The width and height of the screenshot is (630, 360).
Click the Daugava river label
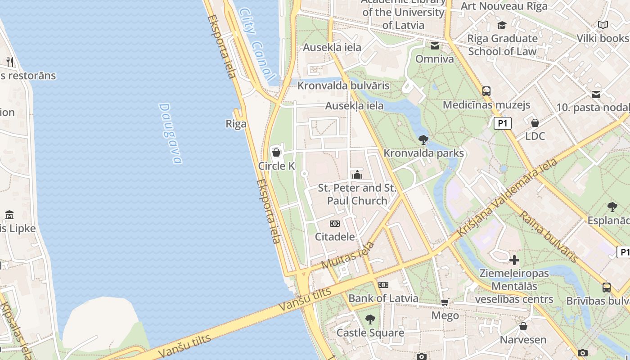point(171,134)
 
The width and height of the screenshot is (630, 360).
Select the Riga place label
point(236,124)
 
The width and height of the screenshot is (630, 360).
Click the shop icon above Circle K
point(276,153)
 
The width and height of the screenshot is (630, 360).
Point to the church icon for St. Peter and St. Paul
point(357,175)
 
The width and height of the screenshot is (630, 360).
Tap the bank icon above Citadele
point(335,223)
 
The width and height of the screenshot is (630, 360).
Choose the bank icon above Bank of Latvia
point(383,285)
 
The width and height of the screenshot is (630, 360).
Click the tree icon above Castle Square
point(370,319)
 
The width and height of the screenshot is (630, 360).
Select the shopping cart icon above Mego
point(445,302)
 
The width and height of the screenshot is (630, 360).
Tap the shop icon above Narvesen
point(523,326)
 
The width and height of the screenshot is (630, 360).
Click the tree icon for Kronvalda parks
point(423,140)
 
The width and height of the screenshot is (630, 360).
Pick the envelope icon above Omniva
point(435,46)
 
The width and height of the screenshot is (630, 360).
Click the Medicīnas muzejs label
point(486,105)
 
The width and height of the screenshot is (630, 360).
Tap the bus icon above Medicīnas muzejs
point(486,91)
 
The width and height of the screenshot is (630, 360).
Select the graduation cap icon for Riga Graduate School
point(502,25)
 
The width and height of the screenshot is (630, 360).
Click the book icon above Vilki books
point(603,25)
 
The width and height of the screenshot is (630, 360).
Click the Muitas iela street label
point(348,256)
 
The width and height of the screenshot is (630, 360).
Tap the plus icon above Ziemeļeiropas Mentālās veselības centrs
point(514,260)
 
